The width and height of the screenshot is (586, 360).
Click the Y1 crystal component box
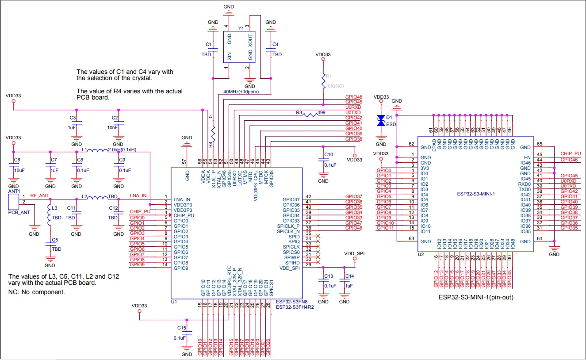[x=239, y=48]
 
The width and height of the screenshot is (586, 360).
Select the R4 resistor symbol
[x=213, y=132]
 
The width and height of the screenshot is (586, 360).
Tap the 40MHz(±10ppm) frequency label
[x=241, y=92]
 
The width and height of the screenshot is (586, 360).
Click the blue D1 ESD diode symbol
[x=381, y=120]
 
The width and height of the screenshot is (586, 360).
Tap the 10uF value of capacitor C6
[x=20, y=170]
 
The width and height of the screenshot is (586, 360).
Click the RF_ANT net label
[x=39, y=195]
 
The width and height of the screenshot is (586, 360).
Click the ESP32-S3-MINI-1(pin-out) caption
[x=476, y=297]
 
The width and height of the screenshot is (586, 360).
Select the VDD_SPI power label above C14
[x=355, y=254]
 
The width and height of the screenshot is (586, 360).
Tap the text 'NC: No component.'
[x=37, y=292]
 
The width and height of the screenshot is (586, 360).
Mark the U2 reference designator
[x=421, y=255]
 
